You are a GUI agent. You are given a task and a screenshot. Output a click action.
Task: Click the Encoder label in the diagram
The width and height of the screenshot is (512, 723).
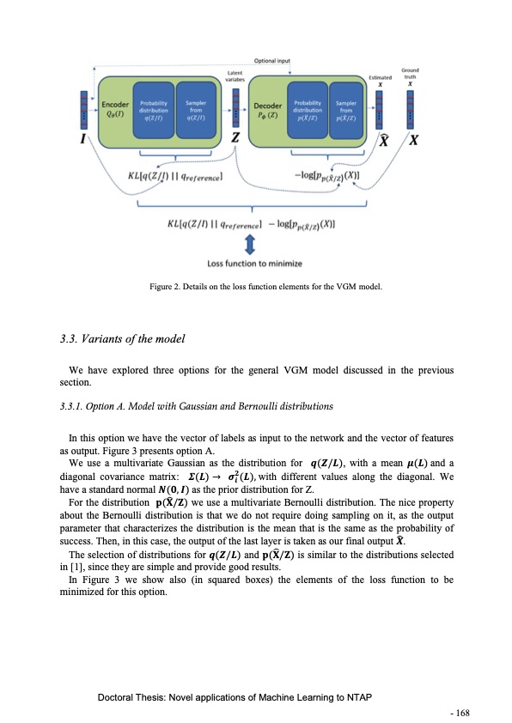116,104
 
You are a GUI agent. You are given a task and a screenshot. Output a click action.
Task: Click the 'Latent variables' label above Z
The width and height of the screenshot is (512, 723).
236,77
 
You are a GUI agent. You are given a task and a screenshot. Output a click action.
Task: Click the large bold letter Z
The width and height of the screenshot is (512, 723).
236,142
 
